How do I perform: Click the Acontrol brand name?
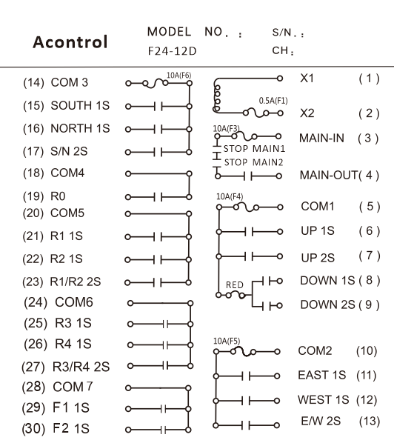click(x=70, y=42)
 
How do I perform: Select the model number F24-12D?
click(x=172, y=51)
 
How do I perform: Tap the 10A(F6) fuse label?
click(x=178, y=76)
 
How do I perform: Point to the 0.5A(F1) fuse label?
click(x=273, y=101)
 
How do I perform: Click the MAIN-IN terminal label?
click(x=321, y=138)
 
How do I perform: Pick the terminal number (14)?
click(x=33, y=82)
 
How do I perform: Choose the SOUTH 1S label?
click(x=80, y=105)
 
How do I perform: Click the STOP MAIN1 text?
click(x=254, y=149)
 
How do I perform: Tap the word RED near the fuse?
click(x=235, y=284)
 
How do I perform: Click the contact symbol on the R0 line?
click(x=158, y=197)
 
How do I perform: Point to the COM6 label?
click(x=74, y=302)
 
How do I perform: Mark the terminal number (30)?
click(x=33, y=429)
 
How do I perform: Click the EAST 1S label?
click(x=321, y=375)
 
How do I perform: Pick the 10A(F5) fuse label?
click(x=227, y=341)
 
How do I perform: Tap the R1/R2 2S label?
click(x=75, y=282)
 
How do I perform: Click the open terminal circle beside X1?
click(x=280, y=79)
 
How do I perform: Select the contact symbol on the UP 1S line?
click(x=249, y=232)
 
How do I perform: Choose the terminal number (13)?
click(x=370, y=422)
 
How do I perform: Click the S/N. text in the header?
click(x=288, y=33)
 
